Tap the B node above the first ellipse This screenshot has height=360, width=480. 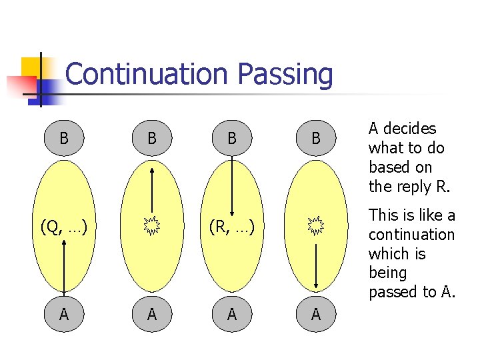click(63, 139)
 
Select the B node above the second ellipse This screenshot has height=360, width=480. click(152, 139)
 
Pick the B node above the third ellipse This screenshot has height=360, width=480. click(231, 139)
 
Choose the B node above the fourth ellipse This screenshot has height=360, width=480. click(316, 139)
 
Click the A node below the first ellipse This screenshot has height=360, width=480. click(63, 314)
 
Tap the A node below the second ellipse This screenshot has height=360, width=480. click(152, 314)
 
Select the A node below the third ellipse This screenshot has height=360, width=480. click(231, 314)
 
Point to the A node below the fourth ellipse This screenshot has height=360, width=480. click(316, 314)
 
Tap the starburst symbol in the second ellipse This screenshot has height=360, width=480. click(153, 227)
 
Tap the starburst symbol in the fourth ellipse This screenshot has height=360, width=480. click(316, 226)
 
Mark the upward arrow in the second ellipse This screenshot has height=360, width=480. click(153, 190)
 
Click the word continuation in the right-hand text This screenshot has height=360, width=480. click(411, 235)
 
